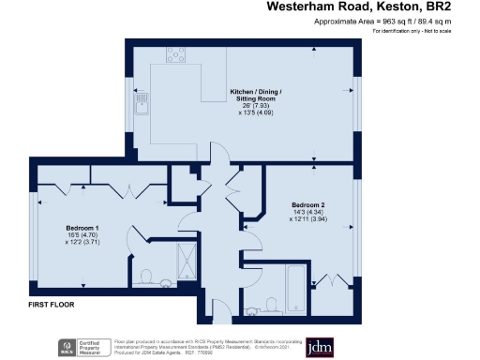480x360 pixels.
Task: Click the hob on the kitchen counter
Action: click(x=175, y=53)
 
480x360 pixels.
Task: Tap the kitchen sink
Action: click(x=143, y=100)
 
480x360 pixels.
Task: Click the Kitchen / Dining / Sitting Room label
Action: click(x=254, y=93)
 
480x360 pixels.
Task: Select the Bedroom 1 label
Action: click(x=83, y=227)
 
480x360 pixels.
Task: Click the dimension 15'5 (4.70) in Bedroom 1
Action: click(x=83, y=234)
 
